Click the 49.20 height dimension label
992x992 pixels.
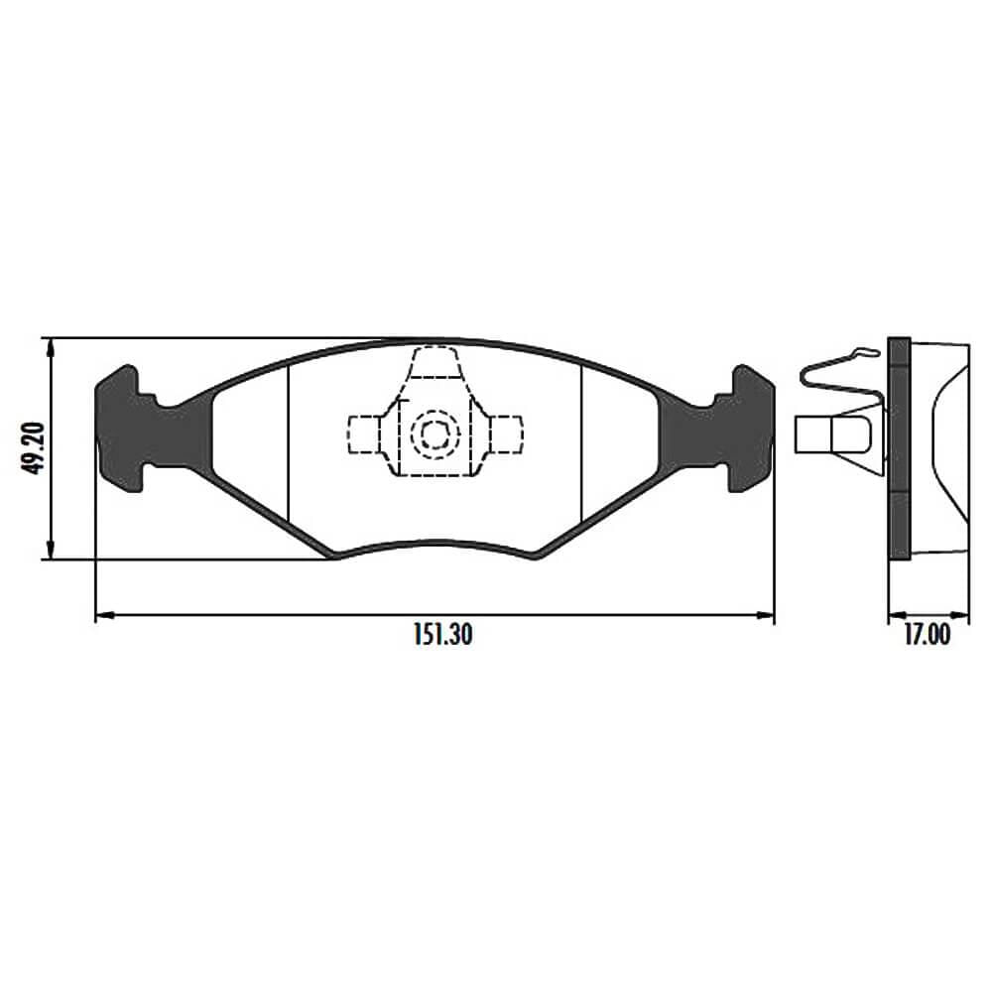point(33,448)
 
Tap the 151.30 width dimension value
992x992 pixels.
point(442,635)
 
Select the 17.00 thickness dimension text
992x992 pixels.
point(927,635)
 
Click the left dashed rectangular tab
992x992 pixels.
point(364,434)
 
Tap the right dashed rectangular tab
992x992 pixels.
point(506,434)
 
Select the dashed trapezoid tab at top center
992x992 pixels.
point(434,362)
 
